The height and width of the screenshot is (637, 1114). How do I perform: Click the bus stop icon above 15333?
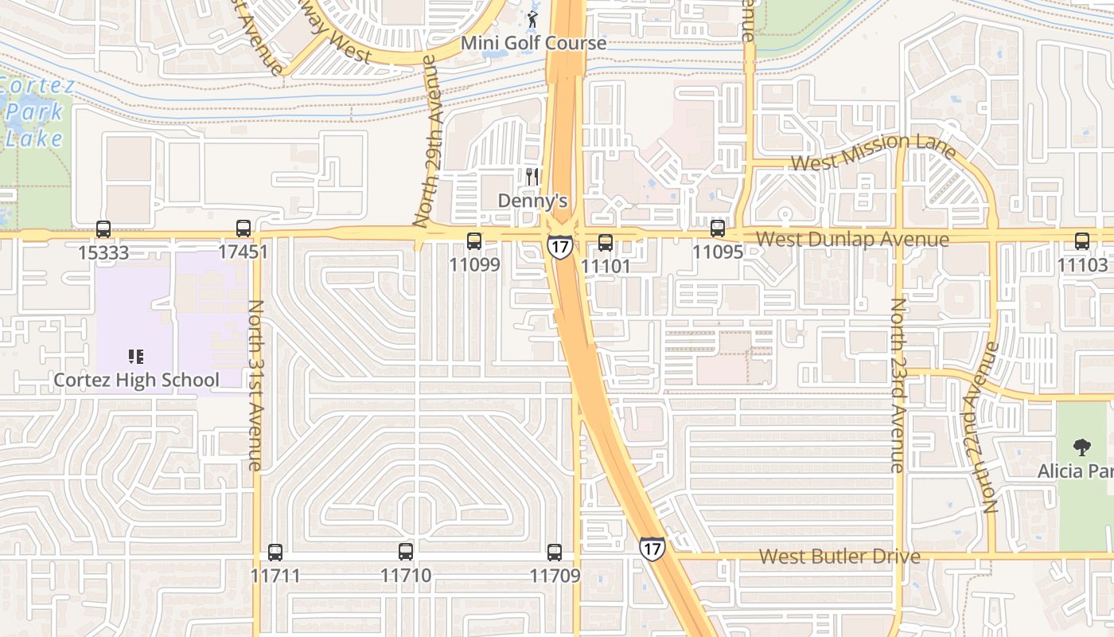tap(103, 229)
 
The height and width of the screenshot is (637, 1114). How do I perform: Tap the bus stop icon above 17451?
tap(243, 229)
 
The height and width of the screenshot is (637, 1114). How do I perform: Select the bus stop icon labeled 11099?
tap(474, 240)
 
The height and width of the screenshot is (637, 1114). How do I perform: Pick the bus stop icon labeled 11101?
tap(606, 243)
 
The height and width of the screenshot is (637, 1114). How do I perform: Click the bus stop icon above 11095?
tap(718, 229)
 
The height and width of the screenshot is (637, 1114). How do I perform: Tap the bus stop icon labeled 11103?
tap(1082, 241)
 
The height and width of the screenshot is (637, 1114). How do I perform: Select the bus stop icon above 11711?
tap(275, 552)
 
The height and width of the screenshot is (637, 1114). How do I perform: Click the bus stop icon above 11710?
tap(406, 551)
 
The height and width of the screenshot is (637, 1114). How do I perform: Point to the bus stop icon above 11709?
tap(555, 552)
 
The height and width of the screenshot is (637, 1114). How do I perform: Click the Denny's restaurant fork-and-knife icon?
tap(533, 177)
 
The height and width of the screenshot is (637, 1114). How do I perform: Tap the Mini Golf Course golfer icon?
tap(533, 18)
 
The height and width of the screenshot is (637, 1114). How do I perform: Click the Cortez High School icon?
tap(136, 357)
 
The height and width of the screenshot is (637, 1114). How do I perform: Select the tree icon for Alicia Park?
tap(1081, 447)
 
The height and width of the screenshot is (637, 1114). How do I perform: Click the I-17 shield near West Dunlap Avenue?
tap(559, 247)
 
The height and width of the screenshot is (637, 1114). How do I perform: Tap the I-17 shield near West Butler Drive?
tap(652, 548)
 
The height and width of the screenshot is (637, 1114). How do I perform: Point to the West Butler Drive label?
tap(839, 556)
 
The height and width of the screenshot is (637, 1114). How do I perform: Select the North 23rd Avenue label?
tap(898, 385)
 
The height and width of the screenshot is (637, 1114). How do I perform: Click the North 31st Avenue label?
tap(255, 385)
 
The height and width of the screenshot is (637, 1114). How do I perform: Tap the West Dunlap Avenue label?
tap(852, 240)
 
